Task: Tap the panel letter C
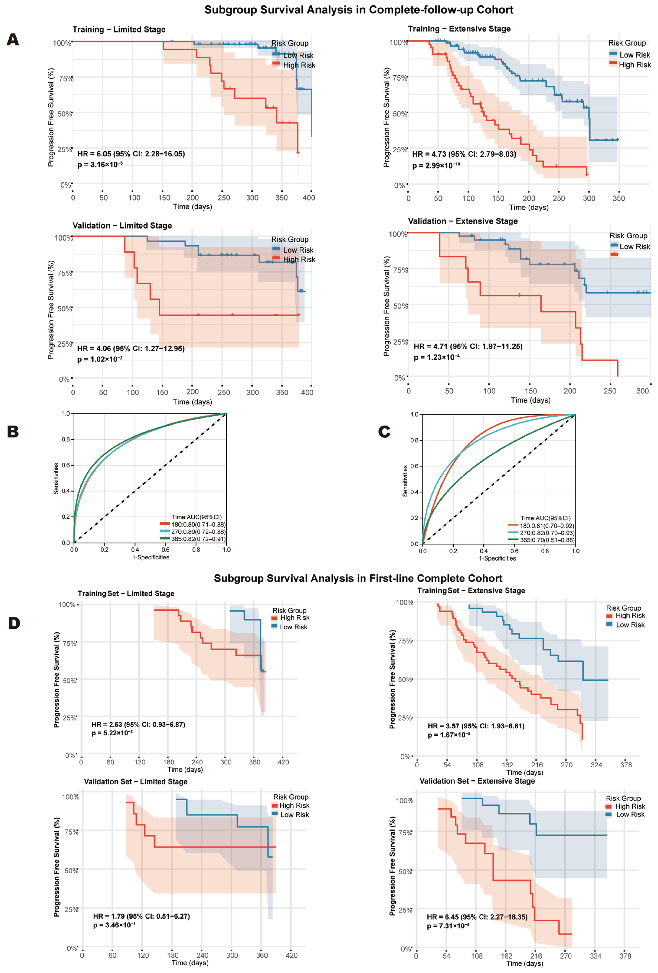pos(384,432)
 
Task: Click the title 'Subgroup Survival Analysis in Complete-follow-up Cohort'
pos(359,10)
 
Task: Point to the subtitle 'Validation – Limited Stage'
pos(122,226)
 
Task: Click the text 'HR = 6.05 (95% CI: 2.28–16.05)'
pos(131,154)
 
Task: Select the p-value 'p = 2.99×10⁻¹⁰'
pos(436,165)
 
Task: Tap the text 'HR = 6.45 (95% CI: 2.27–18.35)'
pos(477,917)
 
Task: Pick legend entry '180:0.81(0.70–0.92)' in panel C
pos(547,526)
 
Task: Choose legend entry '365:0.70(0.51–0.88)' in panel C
pos(547,540)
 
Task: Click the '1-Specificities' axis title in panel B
pos(151,557)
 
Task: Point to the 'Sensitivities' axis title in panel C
pos(405,481)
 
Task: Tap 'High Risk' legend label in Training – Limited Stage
pos(299,65)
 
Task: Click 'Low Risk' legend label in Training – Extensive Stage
pos(635,55)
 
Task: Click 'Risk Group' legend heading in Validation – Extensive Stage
pos(628,236)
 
